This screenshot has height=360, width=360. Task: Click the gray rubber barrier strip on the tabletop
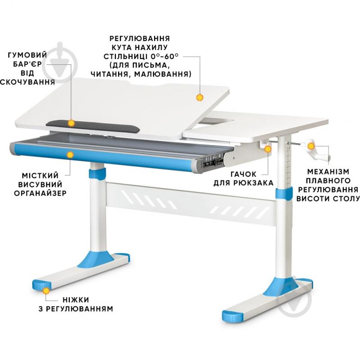point(92,127)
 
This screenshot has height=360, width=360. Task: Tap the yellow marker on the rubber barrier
point(71,123)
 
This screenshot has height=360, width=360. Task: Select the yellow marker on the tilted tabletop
point(200,98)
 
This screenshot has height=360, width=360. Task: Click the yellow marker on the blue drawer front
point(70,155)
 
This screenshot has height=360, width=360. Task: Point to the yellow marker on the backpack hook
point(268,149)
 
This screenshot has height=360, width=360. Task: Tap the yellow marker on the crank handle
point(311,146)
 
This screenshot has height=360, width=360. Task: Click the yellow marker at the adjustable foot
point(46,291)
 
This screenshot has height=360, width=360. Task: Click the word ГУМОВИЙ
point(27,55)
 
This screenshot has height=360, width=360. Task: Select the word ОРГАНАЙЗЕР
point(40,193)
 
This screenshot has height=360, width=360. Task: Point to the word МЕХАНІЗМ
point(328,172)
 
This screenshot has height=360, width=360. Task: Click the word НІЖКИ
point(76,300)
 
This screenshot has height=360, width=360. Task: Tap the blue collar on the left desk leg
point(97,173)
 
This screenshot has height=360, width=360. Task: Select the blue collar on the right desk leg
point(284,193)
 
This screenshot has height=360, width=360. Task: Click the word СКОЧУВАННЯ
point(27,82)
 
